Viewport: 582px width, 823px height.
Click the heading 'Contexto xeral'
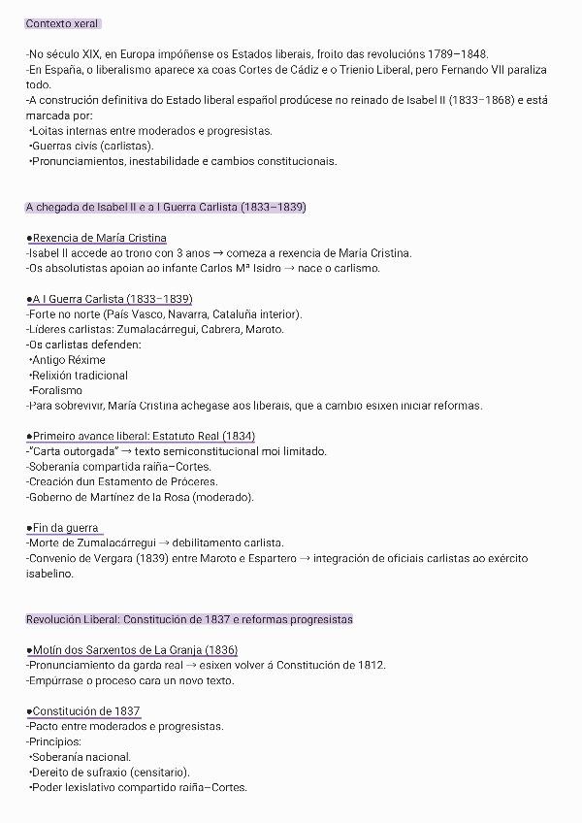tap(62, 23)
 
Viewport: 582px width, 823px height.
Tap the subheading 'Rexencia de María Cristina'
tap(99, 238)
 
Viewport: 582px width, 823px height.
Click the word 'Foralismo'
tap(57, 390)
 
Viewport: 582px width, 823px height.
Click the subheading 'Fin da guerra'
tap(66, 527)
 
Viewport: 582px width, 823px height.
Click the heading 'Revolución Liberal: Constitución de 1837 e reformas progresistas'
tap(189, 619)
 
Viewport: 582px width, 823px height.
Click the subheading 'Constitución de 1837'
tap(86, 710)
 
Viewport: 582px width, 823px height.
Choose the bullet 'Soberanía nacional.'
tap(81, 757)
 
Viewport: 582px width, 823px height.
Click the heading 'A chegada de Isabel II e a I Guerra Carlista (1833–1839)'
tap(166, 207)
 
